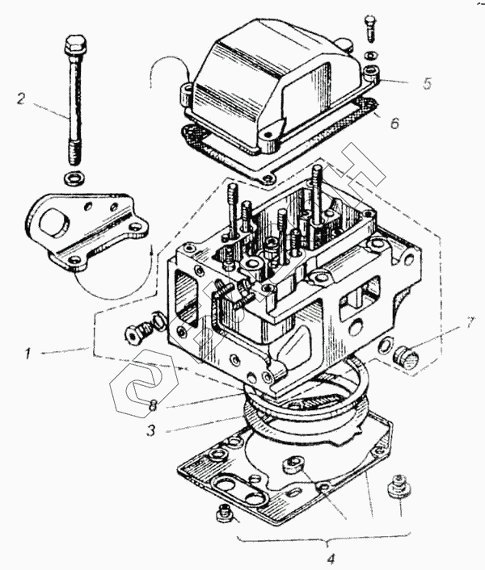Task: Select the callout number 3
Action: [152, 430]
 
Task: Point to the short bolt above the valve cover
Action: [370, 28]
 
